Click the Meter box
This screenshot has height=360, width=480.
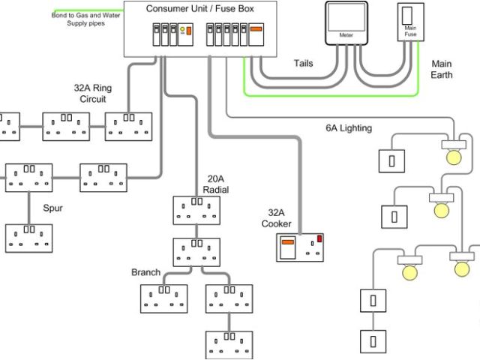346,23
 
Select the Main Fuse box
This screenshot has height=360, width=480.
410,22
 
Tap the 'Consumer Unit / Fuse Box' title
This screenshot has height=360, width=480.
200,8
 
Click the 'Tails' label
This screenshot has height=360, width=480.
303,63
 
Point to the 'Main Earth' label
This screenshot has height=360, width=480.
442,69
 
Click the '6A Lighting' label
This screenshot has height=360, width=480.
349,128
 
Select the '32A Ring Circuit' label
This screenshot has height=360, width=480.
93,93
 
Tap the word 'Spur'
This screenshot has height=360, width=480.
52,208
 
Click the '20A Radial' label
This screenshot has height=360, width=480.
216,184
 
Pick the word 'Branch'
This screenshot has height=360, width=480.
145,272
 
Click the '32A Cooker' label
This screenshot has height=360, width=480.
276,218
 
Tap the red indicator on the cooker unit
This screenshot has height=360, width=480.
319,238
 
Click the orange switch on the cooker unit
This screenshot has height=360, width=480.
288,242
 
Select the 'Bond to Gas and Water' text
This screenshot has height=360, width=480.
85,15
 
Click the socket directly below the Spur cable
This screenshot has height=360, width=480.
29,238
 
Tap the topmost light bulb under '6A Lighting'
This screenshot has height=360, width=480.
454,157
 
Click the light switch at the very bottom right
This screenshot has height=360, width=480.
373,341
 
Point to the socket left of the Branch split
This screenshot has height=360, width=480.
163,298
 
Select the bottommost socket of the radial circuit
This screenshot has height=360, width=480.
229,345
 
